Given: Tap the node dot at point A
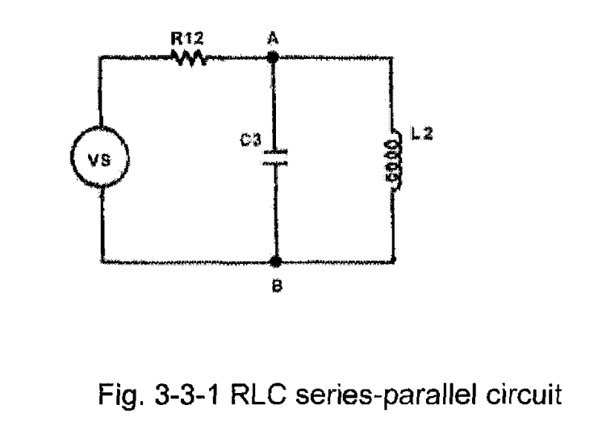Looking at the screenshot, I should point(274,58).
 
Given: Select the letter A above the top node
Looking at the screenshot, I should point(274,38).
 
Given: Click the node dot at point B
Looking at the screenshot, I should point(275,261).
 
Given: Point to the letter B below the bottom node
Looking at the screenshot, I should point(275,285).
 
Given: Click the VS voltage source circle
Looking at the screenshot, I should point(102,159).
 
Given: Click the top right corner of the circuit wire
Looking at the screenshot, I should point(395,58).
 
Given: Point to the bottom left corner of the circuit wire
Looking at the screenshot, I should point(102,261).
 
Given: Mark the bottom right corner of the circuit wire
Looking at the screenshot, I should point(395,261).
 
